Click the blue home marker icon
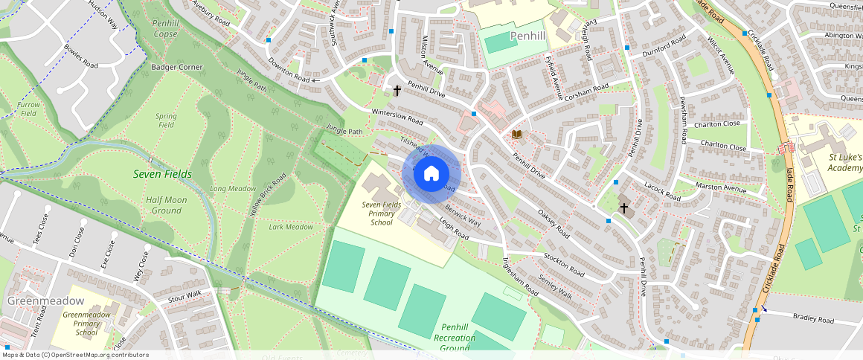pyautogui.click(x=431, y=174)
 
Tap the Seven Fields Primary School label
pyautogui.click(x=381, y=213)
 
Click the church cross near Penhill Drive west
pyautogui.click(x=397, y=91)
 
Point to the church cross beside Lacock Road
pyautogui.click(x=623, y=209)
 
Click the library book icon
pyautogui.click(x=517, y=134)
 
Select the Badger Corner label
pyautogui.click(x=177, y=67)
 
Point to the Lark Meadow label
pyautogui.click(x=290, y=227)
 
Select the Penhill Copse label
pyautogui.click(x=165, y=29)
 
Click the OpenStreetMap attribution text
pyautogui.click(x=75, y=355)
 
